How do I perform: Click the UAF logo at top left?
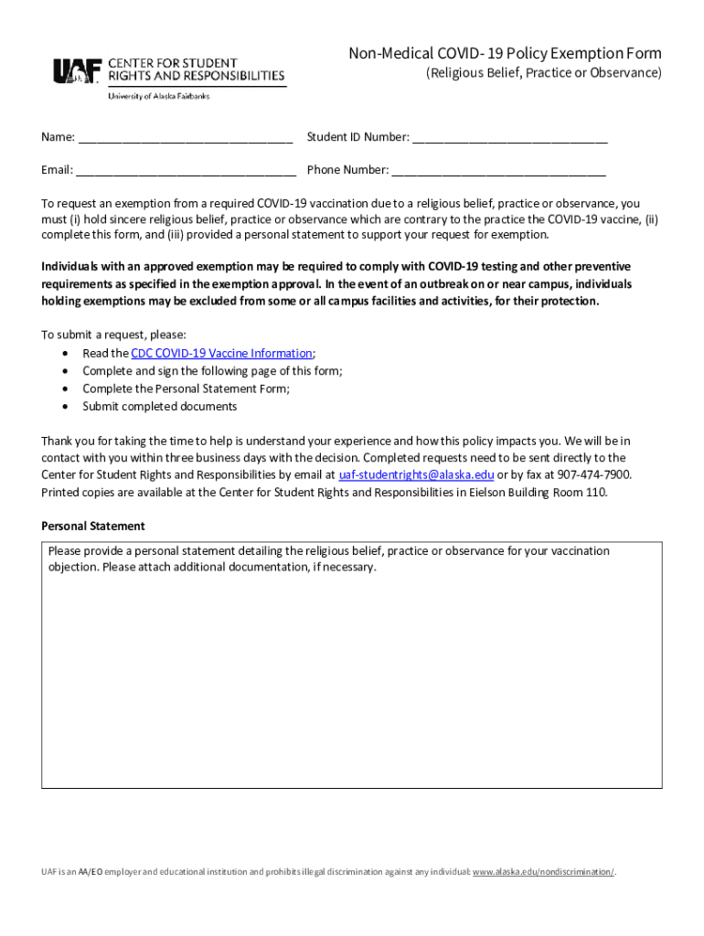click(x=78, y=71)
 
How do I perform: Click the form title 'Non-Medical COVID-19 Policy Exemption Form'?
click(x=505, y=53)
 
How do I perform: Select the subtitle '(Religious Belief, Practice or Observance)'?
click(x=544, y=73)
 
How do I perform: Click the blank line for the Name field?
click(x=185, y=139)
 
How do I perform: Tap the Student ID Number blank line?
click(x=509, y=139)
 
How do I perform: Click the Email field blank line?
click(x=186, y=171)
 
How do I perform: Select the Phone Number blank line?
click(x=498, y=171)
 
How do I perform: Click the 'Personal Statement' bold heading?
click(x=93, y=526)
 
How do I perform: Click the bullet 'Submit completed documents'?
click(x=160, y=407)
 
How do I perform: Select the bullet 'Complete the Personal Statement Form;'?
click(x=187, y=389)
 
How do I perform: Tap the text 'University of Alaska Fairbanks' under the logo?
click(x=158, y=96)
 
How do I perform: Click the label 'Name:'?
click(x=58, y=138)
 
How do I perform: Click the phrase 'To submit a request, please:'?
click(x=114, y=335)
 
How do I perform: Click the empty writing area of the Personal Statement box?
click(x=351, y=676)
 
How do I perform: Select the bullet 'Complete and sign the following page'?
click(x=213, y=371)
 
